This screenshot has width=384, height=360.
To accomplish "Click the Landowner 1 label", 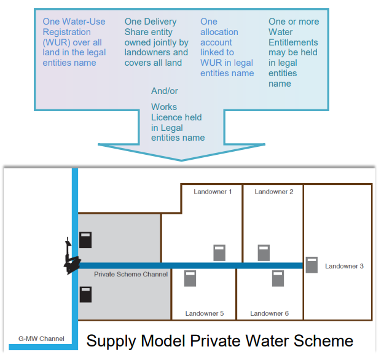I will tap(213, 192).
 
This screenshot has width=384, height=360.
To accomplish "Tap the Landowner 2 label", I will tap(274, 192).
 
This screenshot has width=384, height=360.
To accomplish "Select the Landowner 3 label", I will tap(344, 266).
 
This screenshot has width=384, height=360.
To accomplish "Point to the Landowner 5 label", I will tap(205, 313).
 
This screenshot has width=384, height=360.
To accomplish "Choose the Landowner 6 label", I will tap(269, 313).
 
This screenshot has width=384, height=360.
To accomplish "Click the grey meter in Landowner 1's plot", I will tap(219, 252).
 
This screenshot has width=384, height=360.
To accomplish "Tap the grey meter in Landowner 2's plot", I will tap(264, 252).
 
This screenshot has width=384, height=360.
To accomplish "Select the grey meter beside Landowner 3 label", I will tap(312, 265).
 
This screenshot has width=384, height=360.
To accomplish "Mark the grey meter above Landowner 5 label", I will tap(190, 278).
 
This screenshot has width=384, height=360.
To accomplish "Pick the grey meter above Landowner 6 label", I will tap(278, 278).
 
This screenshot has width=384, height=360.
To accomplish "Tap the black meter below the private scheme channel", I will tap(85, 294).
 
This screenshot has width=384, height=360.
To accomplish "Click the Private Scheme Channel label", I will tap(130, 274).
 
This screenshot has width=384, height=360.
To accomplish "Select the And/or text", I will tap(164, 91).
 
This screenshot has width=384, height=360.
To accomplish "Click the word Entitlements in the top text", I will tap(293, 42).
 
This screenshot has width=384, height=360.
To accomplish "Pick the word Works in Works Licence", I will tap(164, 107).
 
